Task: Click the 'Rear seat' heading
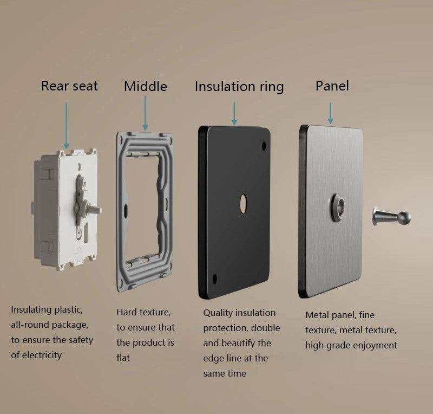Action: [69, 86]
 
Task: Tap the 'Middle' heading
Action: [146, 86]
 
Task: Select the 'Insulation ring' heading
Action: [239, 87]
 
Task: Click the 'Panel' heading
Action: [332, 86]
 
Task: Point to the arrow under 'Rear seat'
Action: [66, 126]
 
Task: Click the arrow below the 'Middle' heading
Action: [145, 113]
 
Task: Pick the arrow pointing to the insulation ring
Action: [234, 114]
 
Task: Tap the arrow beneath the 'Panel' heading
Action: [330, 113]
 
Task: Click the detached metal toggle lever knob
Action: [391, 217]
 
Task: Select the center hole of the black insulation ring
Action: [243, 204]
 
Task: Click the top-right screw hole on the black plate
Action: [264, 146]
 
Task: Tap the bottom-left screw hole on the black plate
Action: [214, 279]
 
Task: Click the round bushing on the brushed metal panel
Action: [337, 208]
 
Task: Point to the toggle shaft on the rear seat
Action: [94, 210]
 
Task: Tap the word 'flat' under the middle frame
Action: [123, 358]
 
